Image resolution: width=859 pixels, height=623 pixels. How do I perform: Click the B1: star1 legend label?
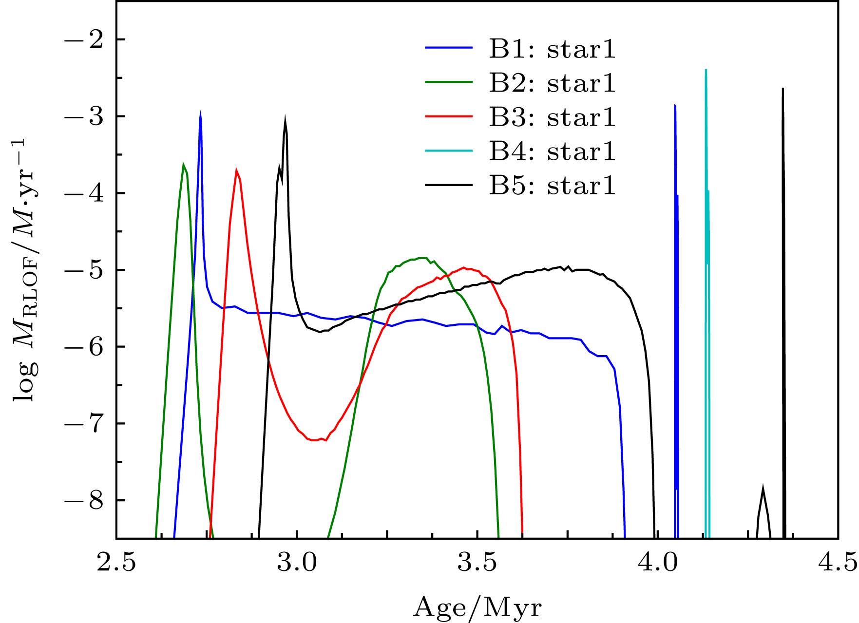point(553,49)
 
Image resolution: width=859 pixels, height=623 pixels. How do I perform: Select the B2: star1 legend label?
point(553,83)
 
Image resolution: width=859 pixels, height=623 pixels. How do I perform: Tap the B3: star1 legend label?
point(553,117)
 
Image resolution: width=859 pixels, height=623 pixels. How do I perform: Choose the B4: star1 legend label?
point(553,151)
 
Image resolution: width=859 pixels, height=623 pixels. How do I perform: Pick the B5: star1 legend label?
point(553,186)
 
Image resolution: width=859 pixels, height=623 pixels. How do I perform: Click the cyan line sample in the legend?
point(449,151)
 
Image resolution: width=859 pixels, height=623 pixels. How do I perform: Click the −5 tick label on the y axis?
point(84,270)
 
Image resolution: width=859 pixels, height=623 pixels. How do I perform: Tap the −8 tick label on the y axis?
point(84,500)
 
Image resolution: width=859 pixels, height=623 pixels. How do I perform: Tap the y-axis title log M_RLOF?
point(24,270)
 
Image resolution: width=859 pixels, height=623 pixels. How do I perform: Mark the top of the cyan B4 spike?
point(706,70)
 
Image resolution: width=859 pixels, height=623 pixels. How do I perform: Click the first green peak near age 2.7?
point(183,164)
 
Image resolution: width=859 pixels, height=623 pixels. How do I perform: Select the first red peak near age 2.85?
point(236,170)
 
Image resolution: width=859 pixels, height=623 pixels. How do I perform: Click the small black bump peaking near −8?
point(763,487)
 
